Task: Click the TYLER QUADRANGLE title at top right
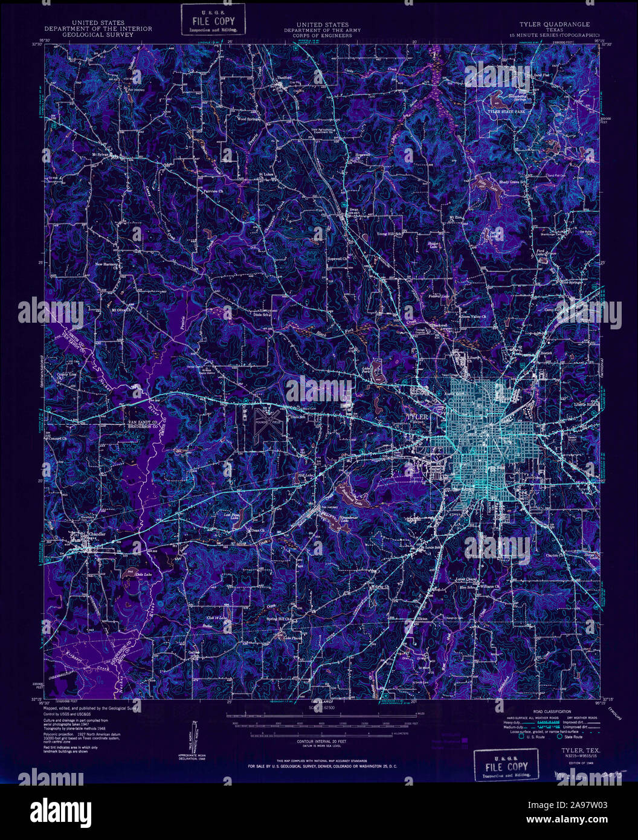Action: (555, 24)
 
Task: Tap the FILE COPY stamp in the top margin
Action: (213, 19)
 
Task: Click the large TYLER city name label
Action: (417, 417)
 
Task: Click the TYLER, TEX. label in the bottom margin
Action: (563, 748)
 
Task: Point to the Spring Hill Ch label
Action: (279, 619)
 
